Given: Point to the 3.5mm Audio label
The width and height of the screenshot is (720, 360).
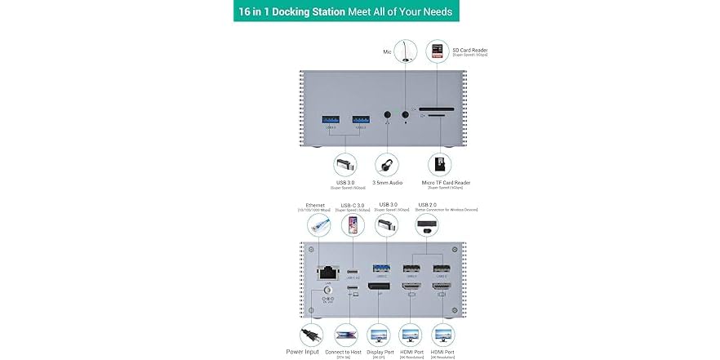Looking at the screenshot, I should pyautogui.click(x=388, y=182).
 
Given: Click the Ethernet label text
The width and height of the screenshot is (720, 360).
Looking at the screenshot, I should pyautogui.click(x=315, y=205).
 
